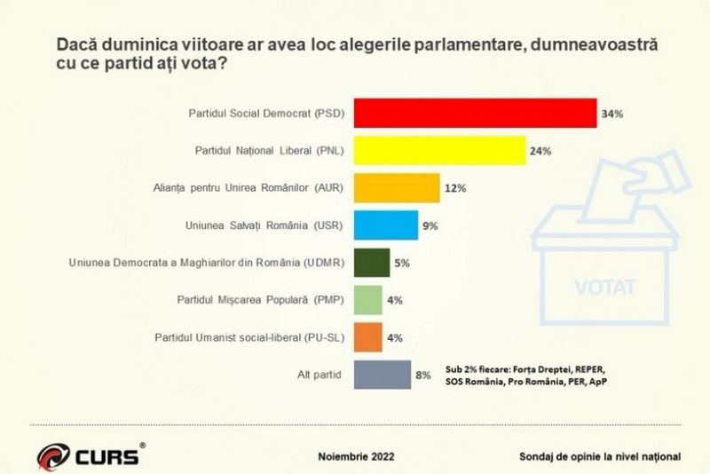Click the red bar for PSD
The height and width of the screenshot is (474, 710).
pyautogui.click(x=475, y=114)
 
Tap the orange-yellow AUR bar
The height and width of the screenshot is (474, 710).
pyautogui.click(x=397, y=188)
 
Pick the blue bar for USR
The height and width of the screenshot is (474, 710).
pyautogui.click(x=386, y=225)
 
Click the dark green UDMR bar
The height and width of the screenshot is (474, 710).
pyautogui.click(x=372, y=263)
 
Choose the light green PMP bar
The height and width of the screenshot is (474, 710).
pyautogui.click(x=368, y=300)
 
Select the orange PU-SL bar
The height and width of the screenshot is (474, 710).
pyautogui.click(x=368, y=337)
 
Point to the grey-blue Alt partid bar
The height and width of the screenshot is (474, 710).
pyautogui.click(x=383, y=375)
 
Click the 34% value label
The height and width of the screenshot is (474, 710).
pyautogui.click(x=613, y=115)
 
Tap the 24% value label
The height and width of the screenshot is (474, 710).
pyautogui.click(x=540, y=152)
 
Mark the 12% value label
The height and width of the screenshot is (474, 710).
pyautogui.click(x=455, y=189)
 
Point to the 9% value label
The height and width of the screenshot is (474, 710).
pyautogui.click(x=430, y=226)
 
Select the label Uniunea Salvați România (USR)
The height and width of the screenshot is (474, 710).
pyautogui.click(x=272, y=226)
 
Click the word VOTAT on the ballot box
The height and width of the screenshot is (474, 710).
pyautogui.click(x=605, y=288)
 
